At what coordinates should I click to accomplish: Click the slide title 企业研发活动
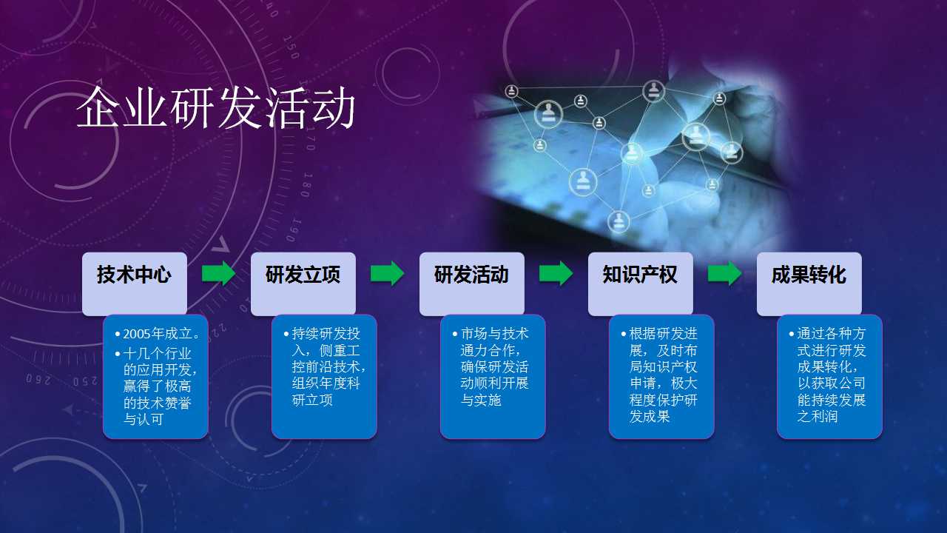(x=215, y=107)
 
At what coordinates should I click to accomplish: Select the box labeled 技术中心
(x=135, y=284)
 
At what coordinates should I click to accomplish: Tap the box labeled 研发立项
(x=303, y=284)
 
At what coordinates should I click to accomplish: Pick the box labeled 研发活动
(x=472, y=284)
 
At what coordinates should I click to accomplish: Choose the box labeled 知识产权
(x=641, y=284)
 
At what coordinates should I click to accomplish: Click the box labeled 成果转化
(x=809, y=284)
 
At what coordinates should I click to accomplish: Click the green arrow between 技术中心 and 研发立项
(x=218, y=273)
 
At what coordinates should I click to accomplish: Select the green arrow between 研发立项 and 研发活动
(x=387, y=273)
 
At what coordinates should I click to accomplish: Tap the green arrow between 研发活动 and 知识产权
(x=556, y=273)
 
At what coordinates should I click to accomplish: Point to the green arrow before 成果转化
(x=724, y=273)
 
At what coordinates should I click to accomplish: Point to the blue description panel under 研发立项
(x=324, y=377)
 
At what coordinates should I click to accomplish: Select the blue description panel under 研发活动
(x=493, y=377)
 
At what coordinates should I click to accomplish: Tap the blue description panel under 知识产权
(x=661, y=377)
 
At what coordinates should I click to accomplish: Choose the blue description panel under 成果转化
(x=830, y=377)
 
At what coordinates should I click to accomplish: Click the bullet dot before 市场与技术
(x=455, y=334)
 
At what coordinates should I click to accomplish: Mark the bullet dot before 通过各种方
(x=792, y=334)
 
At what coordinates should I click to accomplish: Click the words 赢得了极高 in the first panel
(x=158, y=386)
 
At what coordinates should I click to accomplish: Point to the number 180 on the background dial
(x=308, y=185)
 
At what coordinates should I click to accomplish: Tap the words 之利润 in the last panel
(x=818, y=416)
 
